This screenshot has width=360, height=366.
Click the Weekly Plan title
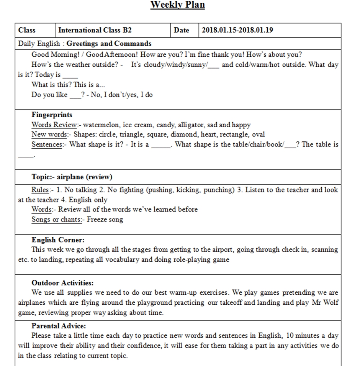(177, 5)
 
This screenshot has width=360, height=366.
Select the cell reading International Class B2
(95, 30)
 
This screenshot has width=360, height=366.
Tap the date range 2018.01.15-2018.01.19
(237, 30)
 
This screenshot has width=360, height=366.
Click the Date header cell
(182, 30)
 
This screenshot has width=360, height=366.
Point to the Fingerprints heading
(52, 115)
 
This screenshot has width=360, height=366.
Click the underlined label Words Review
(54, 125)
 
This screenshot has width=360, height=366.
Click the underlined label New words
(49, 135)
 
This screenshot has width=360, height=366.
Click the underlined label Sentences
(47, 144)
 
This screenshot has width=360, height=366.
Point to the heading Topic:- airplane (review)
(72, 177)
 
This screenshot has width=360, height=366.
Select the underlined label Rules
(40, 190)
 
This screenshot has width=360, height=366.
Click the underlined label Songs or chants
(57, 220)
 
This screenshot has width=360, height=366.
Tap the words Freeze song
(105, 220)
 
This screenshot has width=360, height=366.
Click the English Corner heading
(58, 240)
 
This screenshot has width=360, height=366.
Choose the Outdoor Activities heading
(62, 283)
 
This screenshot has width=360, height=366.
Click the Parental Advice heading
(59, 326)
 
